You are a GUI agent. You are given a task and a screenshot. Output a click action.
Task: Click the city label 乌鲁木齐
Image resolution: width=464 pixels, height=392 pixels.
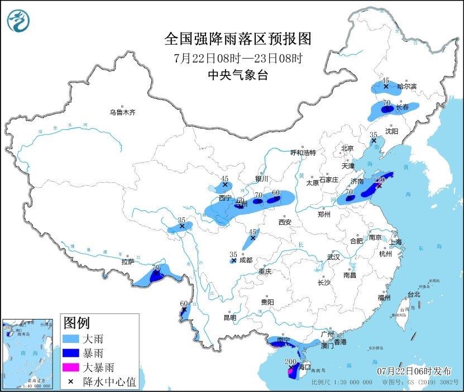coord(122,112)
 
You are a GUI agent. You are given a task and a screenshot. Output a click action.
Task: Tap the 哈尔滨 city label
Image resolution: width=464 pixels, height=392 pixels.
coord(406,86)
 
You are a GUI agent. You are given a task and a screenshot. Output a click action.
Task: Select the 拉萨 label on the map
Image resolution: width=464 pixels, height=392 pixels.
coord(127,262)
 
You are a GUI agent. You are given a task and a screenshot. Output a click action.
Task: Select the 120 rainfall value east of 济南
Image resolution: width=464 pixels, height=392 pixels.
coord(380,180)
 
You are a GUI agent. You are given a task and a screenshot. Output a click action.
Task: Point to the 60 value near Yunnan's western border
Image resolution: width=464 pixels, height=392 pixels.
coord(184,304)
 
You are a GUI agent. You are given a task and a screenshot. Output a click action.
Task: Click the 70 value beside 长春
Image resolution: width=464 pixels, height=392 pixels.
coord(386,103)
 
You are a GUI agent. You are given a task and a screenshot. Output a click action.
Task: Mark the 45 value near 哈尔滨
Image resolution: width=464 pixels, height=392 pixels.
coord(385,80)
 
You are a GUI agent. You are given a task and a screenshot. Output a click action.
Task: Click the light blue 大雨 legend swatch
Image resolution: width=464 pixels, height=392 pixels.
coord(71,338)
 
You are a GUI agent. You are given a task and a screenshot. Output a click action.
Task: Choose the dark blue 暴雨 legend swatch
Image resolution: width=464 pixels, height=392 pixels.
coord(71,353)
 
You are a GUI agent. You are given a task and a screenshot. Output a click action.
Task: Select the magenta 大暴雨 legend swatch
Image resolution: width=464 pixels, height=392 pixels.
coord(71,367)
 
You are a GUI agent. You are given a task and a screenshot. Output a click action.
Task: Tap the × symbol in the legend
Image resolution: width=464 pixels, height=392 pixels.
coord(71,382)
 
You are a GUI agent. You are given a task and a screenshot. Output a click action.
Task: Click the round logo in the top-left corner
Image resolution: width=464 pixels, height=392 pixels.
coord(18,21)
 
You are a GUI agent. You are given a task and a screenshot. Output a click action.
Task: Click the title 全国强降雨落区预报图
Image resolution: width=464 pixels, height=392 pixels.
coord(237,39)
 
